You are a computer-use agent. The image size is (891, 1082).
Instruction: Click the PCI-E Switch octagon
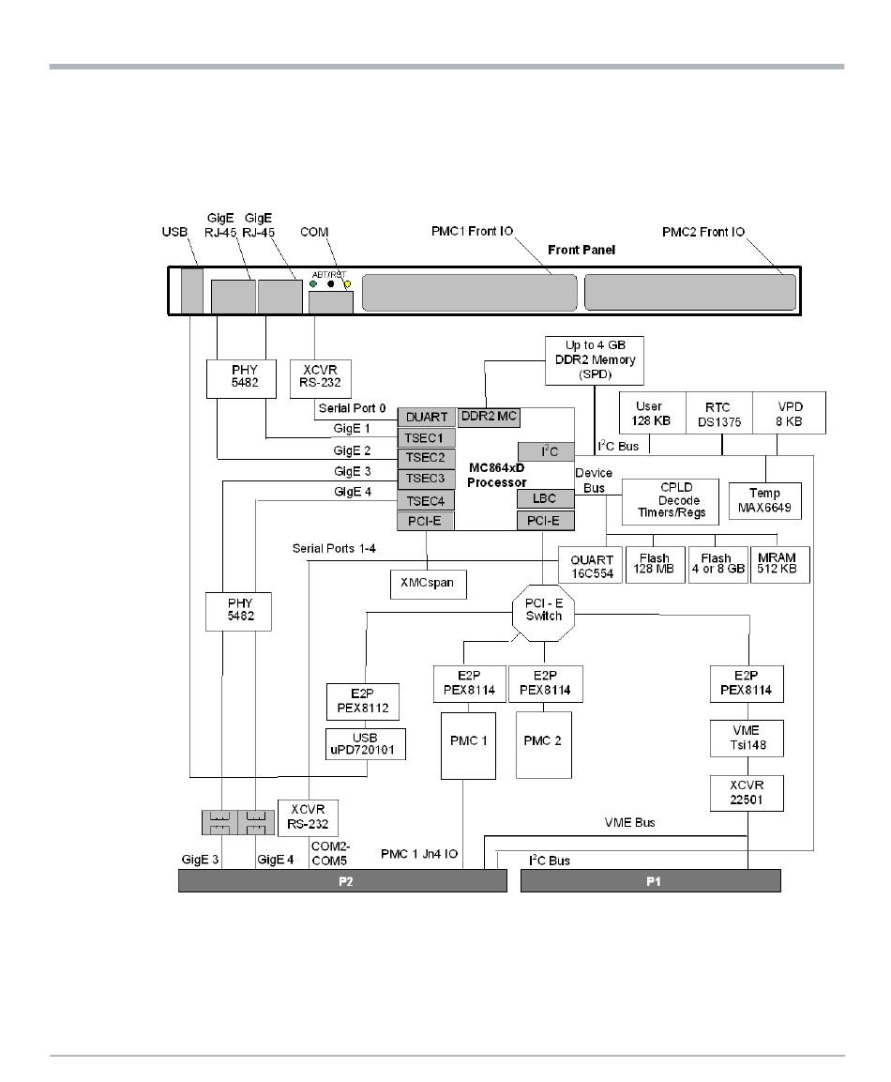[544, 610]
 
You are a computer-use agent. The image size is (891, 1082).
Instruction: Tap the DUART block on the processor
[427, 417]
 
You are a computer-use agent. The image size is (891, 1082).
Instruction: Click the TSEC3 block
[427, 479]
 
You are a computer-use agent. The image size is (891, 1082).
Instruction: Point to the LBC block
[545, 498]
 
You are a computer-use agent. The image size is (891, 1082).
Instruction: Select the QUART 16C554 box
[590, 565]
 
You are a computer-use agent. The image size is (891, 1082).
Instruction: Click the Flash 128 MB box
[655, 565]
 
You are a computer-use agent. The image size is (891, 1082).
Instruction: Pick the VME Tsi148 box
[746, 739]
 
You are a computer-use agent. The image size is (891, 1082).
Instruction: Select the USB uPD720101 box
[366, 743]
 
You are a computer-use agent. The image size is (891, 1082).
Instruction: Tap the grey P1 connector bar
[651, 881]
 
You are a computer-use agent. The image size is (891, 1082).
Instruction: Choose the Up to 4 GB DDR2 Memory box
[595, 360]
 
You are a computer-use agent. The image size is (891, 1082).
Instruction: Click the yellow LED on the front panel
[347, 284]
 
